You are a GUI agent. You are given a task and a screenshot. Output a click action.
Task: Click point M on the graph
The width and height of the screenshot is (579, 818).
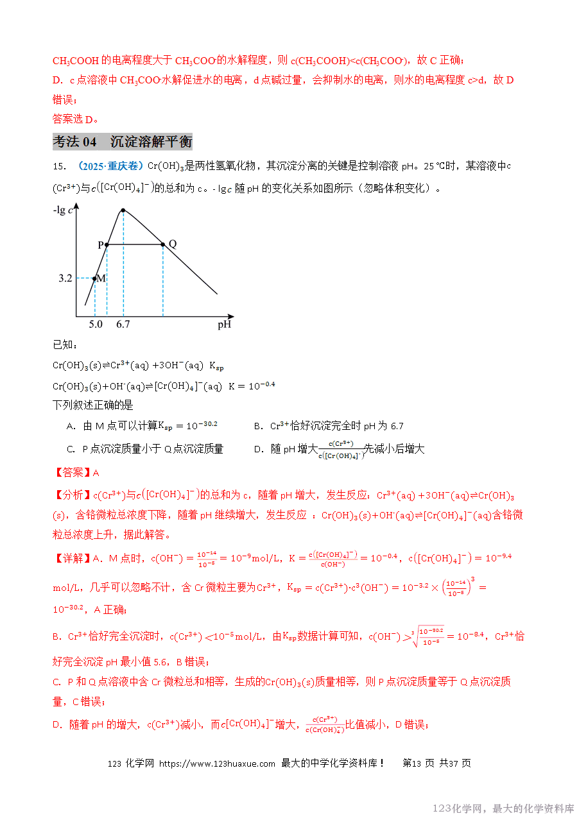point(95,278)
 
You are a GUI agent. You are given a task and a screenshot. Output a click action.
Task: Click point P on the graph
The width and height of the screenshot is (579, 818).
point(107,244)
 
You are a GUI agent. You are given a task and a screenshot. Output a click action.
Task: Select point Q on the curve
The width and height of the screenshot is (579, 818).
point(163,244)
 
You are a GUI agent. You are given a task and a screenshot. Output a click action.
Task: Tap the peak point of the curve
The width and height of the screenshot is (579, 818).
point(123,210)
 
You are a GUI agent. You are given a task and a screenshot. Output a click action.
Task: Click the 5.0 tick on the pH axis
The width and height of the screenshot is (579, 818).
point(95,325)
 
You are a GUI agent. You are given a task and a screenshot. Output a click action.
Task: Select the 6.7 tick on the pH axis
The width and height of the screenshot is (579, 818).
point(123,325)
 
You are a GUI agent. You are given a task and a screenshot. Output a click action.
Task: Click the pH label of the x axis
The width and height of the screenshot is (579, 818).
point(224,325)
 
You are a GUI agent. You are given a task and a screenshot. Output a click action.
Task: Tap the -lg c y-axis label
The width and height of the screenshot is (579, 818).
point(63,210)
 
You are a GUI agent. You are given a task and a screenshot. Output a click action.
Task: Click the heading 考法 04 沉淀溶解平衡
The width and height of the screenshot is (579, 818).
point(122,142)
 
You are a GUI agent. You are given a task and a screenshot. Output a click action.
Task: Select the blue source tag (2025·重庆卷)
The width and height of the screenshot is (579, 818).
point(110,166)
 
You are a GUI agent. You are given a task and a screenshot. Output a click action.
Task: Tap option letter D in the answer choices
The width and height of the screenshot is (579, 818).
point(257,449)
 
